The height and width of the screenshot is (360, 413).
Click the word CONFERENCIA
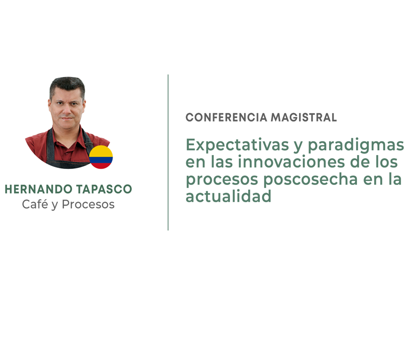point(227,117)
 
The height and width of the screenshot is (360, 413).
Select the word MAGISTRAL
point(304,117)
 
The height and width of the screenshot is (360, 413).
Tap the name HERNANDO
point(38,189)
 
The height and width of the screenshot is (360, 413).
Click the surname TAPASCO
point(104,189)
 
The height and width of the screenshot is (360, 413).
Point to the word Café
point(35,204)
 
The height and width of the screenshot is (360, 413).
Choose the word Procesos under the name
point(88,204)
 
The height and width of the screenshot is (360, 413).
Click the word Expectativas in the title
point(237,145)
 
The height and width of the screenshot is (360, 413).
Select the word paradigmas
point(356,145)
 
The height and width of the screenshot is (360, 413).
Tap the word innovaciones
point(291,161)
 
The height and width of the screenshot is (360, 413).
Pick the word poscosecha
point(311,180)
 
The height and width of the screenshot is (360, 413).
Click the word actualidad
point(228,196)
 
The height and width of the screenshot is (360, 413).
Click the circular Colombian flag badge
point(101,157)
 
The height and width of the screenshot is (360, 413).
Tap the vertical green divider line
point(168,152)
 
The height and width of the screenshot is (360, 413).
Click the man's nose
point(66,111)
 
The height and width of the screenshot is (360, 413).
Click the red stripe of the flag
point(101,166)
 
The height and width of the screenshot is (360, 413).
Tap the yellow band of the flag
point(101,151)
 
